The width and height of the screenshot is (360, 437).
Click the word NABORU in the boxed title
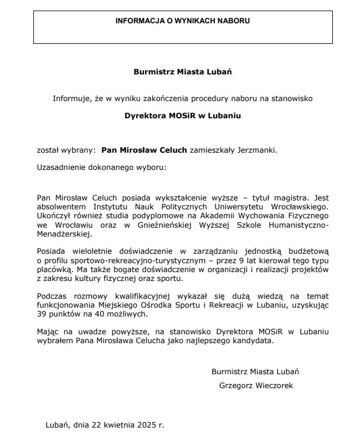pos(233,21)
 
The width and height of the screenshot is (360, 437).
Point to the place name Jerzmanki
pos(257,150)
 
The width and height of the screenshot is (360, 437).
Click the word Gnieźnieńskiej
pos(164,224)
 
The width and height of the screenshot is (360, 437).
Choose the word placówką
pos(54,269)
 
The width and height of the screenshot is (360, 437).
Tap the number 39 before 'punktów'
pos(42,314)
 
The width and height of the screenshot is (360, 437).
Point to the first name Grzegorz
pos(235,385)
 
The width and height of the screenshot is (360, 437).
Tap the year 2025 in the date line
pos(145,425)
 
